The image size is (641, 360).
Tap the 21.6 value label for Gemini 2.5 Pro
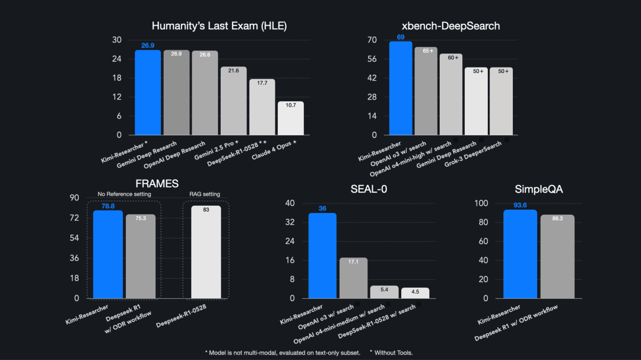click(234, 71)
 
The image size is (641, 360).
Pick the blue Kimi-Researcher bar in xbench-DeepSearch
click(401, 89)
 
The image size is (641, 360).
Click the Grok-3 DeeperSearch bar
click(502, 102)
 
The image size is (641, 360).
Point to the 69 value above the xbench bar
click(401, 37)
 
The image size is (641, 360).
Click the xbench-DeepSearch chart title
click(451, 26)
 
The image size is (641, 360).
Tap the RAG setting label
click(204, 194)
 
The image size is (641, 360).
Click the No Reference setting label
click(124, 194)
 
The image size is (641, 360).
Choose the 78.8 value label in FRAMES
click(107, 206)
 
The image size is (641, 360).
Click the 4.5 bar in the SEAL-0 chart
click(415, 293)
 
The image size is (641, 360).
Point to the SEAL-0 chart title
click(369, 189)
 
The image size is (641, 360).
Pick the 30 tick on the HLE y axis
click(117, 40)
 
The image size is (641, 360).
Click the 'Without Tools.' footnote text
click(393, 352)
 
